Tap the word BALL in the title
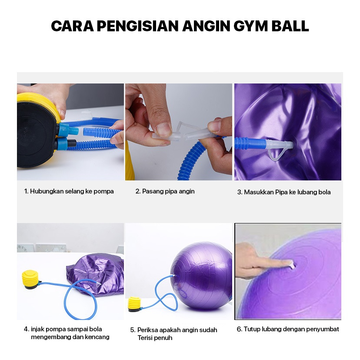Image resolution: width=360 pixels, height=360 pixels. [x=290, y=26]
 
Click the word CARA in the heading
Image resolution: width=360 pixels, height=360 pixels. [x=72, y=26]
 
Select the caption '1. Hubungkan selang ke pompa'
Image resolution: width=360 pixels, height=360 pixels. [x=69, y=191]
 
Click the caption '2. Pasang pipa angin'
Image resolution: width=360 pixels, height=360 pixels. [x=165, y=191]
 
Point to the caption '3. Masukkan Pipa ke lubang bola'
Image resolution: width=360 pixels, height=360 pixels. [x=284, y=192]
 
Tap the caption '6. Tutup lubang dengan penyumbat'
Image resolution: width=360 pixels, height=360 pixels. [x=288, y=329]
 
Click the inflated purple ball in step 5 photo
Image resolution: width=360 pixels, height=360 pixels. [x=202, y=276]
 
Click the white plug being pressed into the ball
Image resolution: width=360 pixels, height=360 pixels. [x=292, y=264]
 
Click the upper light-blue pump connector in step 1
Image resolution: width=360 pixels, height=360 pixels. [x=68, y=130]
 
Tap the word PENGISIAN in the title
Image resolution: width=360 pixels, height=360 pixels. [x=137, y=26]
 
